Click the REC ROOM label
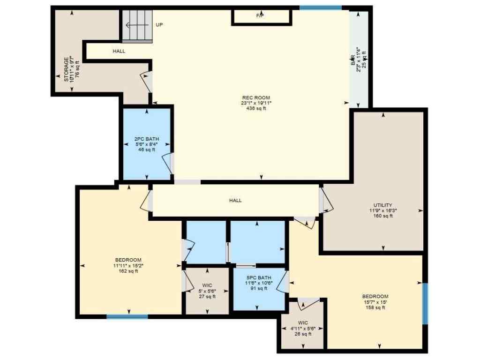click(x=256, y=97)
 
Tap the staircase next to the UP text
click(x=137, y=26)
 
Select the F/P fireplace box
click(x=261, y=16)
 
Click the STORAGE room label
click(x=66, y=69)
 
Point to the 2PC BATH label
click(x=147, y=139)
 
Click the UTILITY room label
click(x=383, y=205)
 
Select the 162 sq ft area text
click(x=128, y=271)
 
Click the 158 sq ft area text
click(x=375, y=308)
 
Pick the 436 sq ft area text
click(x=256, y=109)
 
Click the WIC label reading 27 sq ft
click(x=208, y=285)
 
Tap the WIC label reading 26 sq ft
click(x=303, y=322)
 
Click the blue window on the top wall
click(x=321, y=7)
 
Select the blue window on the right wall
click(x=425, y=303)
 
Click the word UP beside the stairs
click(x=159, y=25)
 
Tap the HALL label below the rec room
click(x=235, y=201)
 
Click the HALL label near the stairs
click(x=119, y=51)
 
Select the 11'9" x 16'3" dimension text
click(x=383, y=210)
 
